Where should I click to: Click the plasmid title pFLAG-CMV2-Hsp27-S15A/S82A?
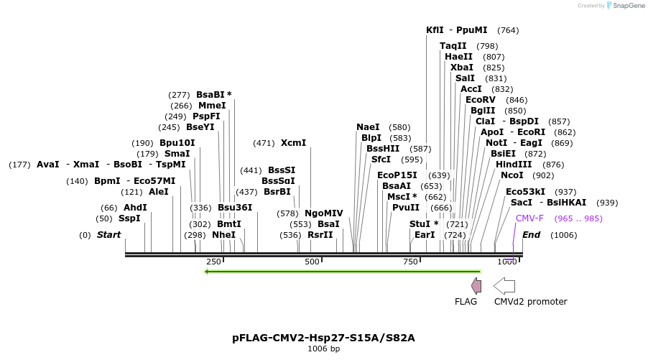point(323,337)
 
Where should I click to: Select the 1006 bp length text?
point(323,349)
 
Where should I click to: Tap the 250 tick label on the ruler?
point(213,262)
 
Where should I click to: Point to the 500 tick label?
point(312,262)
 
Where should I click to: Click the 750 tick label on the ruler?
point(410,262)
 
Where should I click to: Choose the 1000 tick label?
point(506,262)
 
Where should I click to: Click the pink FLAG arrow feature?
point(476,285)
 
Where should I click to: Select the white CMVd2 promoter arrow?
point(505,285)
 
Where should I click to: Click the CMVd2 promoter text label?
point(530,302)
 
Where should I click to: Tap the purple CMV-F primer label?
point(529,218)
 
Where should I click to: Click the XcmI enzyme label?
point(293,143)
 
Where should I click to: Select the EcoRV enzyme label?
point(481,100)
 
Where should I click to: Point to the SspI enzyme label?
point(129,218)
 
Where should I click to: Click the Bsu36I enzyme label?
point(235,208)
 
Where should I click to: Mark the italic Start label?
point(108,235)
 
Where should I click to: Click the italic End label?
point(531,235)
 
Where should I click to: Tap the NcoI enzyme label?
point(512,175)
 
